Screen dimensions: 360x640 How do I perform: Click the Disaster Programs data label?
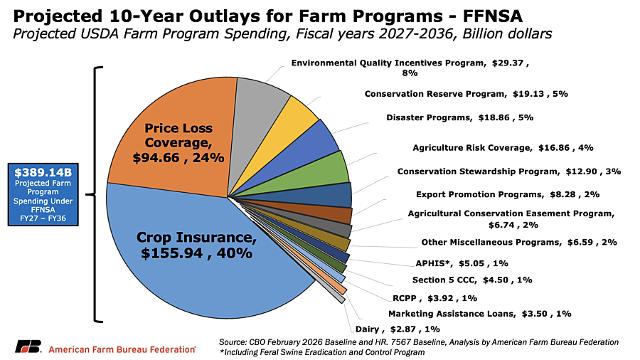point(459,117)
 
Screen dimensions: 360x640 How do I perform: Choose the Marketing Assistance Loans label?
point(479,313)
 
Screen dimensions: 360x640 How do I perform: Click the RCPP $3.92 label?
point(434,297)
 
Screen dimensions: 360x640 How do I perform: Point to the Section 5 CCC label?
point(472,280)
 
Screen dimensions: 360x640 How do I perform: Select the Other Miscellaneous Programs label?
point(519,242)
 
